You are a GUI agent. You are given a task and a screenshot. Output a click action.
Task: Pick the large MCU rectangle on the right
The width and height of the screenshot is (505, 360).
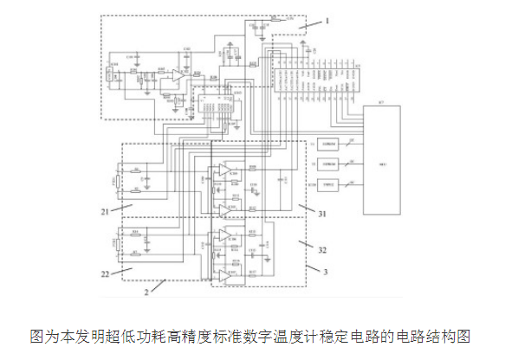[x=381, y=161]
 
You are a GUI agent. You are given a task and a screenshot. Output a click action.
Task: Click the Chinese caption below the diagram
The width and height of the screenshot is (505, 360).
[x=252, y=335]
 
